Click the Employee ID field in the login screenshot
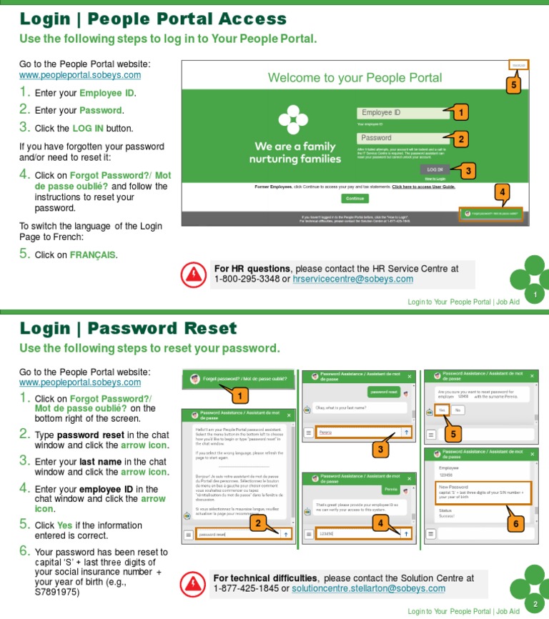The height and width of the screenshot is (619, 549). pyautogui.click(x=400, y=113)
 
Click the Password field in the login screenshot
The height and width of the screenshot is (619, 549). pyautogui.click(x=400, y=138)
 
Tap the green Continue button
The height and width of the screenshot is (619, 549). pyautogui.click(x=355, y=198)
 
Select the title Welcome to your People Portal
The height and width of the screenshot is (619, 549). pyautogui.click(x=355, y=78)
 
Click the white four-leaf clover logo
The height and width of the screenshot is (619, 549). pyautogui.click(x=292, y=119)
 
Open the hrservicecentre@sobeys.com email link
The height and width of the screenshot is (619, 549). pyautogui.click(x=353, y=279)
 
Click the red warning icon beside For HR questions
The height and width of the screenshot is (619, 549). pyautogui.click(x=192, y=274)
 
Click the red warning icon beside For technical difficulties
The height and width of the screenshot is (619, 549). pyautogui.click(x=192, y=583)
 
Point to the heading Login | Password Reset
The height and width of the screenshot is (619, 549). pyautogui.click(x=128, y=328)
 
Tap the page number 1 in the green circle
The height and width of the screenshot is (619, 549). pyautogui.click(x=535, y=294)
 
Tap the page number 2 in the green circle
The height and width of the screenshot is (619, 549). pyautogui.click(x=535, y=604)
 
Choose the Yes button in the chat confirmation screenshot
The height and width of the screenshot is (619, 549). pyautogui.click(x=442, y=410)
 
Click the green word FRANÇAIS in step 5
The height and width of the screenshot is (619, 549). pyautogui.click(x=92, y=255)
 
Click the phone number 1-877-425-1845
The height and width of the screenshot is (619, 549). pyautogui.click(x=246, y=588)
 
